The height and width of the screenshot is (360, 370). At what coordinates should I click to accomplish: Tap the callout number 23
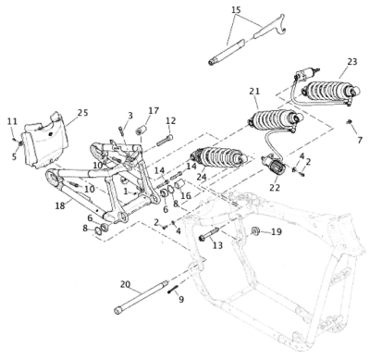351,62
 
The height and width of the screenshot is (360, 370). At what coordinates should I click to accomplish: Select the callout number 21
255,93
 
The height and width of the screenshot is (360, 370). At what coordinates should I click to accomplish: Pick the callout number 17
154,110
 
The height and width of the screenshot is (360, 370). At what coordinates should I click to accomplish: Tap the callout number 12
171,120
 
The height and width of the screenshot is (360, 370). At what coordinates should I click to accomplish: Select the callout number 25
83,113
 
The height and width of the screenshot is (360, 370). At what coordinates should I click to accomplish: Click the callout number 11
12,121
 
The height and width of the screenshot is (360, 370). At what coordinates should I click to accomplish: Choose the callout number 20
125,284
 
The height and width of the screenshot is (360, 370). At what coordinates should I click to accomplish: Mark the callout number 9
181,299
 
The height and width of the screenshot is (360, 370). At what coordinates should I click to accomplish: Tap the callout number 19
276,232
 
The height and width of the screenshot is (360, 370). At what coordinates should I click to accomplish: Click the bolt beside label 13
205,234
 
